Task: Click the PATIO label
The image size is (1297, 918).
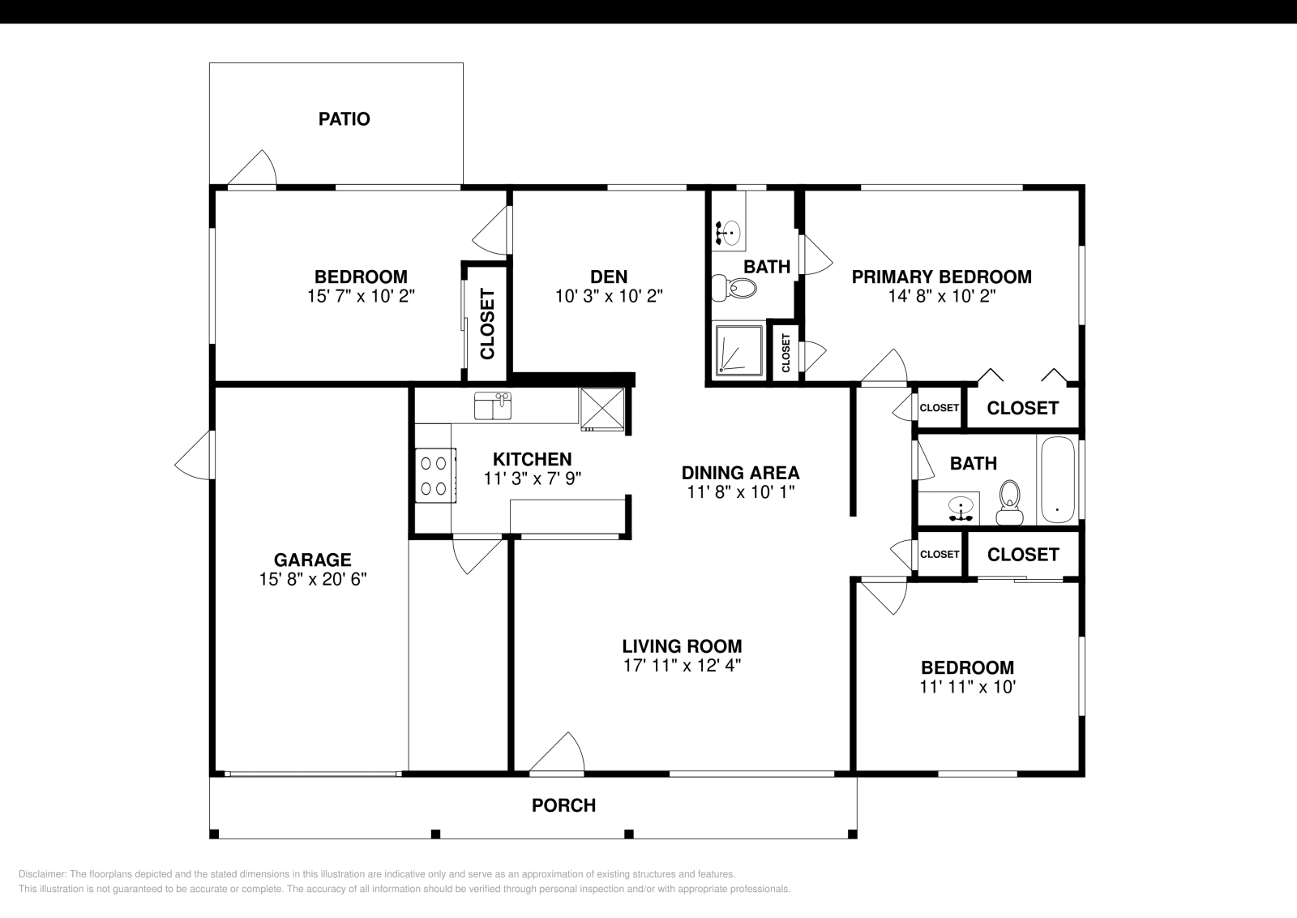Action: coord(344,119)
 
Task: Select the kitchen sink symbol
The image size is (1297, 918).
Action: coord(493,405)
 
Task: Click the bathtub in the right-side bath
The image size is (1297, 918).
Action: coord(1057,480)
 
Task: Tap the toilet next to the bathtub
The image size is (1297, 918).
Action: coord(1009,503)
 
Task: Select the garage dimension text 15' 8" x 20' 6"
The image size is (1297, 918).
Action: coord(313,579)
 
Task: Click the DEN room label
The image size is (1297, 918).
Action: coord(609,277)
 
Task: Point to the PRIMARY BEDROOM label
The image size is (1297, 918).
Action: coord(941,277)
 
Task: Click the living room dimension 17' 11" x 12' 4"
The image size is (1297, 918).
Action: coord(682,666)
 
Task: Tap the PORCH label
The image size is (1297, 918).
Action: coord(563,805)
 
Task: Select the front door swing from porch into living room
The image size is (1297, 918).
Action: coord(559,754)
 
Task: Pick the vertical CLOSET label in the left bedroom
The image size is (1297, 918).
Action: coord(487,324)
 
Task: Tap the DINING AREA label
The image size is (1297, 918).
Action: coord(740,473)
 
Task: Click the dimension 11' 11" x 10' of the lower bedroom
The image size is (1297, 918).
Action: coord(967,687)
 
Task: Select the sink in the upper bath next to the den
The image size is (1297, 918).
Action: coord(728,232)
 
